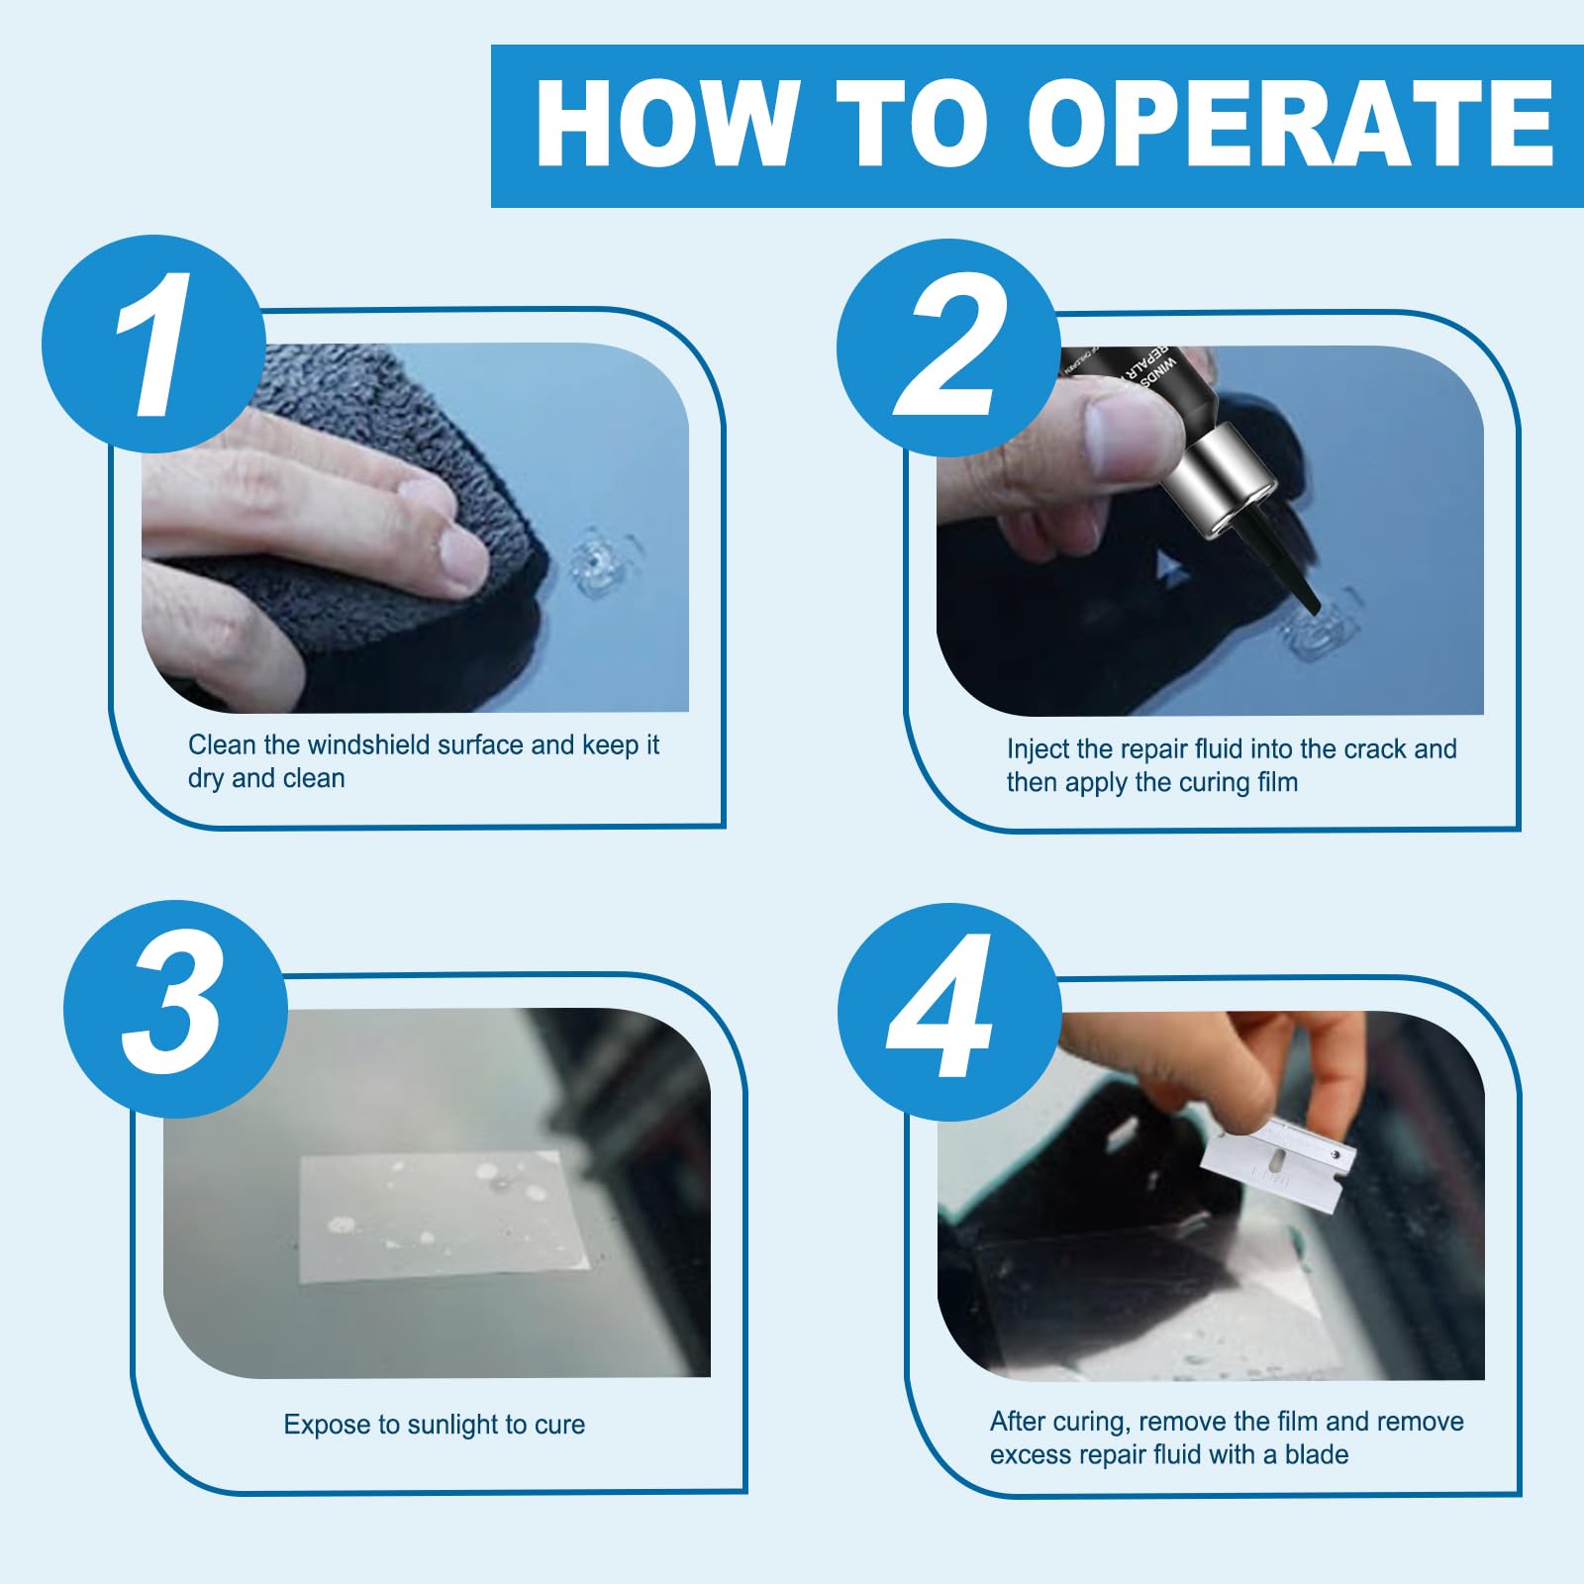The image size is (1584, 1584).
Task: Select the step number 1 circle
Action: [153, 344]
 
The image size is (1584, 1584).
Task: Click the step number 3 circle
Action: [175, 1008]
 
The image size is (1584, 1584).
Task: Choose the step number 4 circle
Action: [948, 1011]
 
